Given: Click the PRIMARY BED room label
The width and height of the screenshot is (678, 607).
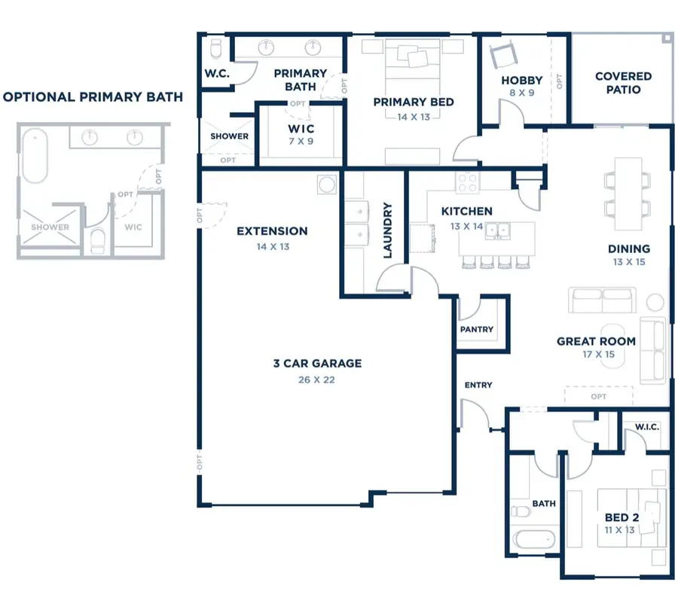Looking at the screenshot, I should pyautogui.click(x=413, y=102).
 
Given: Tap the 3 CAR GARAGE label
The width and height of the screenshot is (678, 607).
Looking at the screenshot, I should pyautogui.click(x=316, y=364).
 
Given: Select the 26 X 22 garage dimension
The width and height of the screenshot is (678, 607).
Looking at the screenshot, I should pyautogui.click(x=316, y=380).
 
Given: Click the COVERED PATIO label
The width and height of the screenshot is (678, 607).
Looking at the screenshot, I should pyautogui.click(x=623, y=83).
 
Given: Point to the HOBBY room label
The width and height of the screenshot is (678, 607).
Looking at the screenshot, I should pyautogui.click(x=522, y=81).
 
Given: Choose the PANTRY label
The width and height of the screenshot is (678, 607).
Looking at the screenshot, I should pyautogui.click(x=476, y=329).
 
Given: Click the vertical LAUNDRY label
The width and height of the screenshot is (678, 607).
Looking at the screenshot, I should pyautogui.click(x=389, y=230).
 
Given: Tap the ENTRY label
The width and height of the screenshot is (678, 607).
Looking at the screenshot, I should pyautogui.click(x=478, y=385).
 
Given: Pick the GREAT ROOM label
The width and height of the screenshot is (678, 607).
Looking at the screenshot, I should pyautogui.click(x=596, y=341).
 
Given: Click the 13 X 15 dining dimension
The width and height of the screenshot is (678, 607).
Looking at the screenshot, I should pyautogui.click(x=629, y=262).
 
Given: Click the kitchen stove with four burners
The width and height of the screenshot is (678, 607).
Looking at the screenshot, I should pyautogui.click(x=467, y=181).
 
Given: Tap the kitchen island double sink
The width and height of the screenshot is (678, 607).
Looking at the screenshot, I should pyautogui.click(x=499, y=230).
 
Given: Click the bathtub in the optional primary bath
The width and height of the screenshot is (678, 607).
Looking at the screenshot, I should pyautogui.click(x=35, y=156).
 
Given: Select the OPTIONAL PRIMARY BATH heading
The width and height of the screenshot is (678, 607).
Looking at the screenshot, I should pyautogui.click(x=93, y=97).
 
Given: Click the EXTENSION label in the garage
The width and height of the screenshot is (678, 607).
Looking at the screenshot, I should pyautogui.click(x=272, y=231).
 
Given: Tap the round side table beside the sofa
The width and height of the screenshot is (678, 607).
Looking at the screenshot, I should pyautogui.click(x=655, y=302).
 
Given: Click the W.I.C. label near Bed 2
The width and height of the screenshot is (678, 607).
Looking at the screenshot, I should pyautogui.click(x=646, y=427).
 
